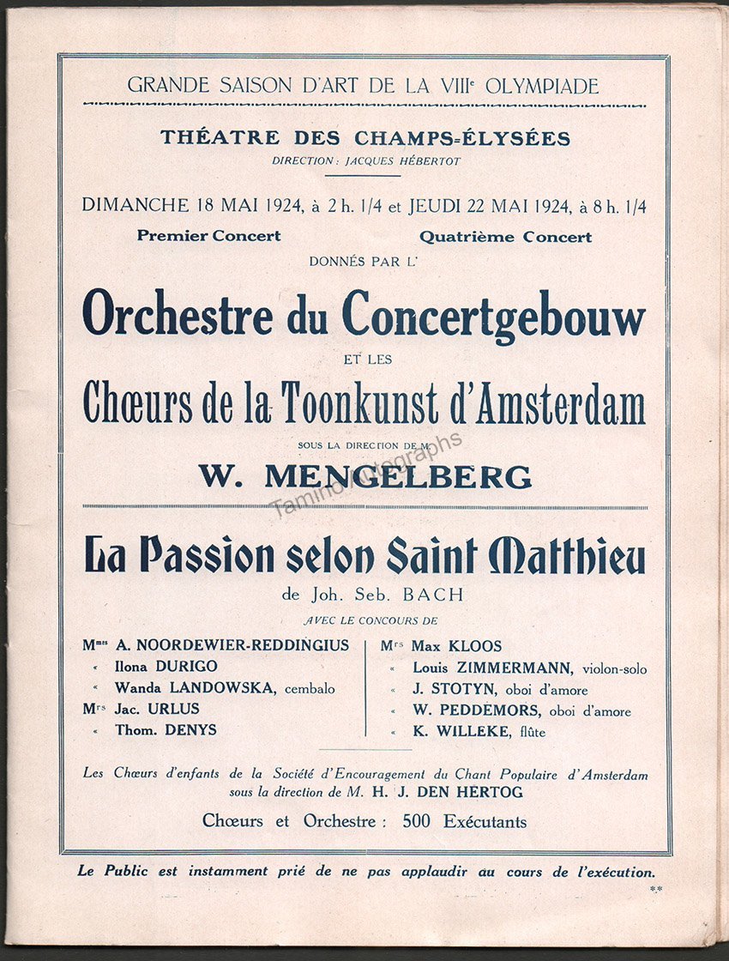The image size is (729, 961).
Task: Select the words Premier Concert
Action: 208,236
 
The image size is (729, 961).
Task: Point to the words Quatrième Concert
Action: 506,237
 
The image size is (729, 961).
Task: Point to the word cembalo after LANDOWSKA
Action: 306,688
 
